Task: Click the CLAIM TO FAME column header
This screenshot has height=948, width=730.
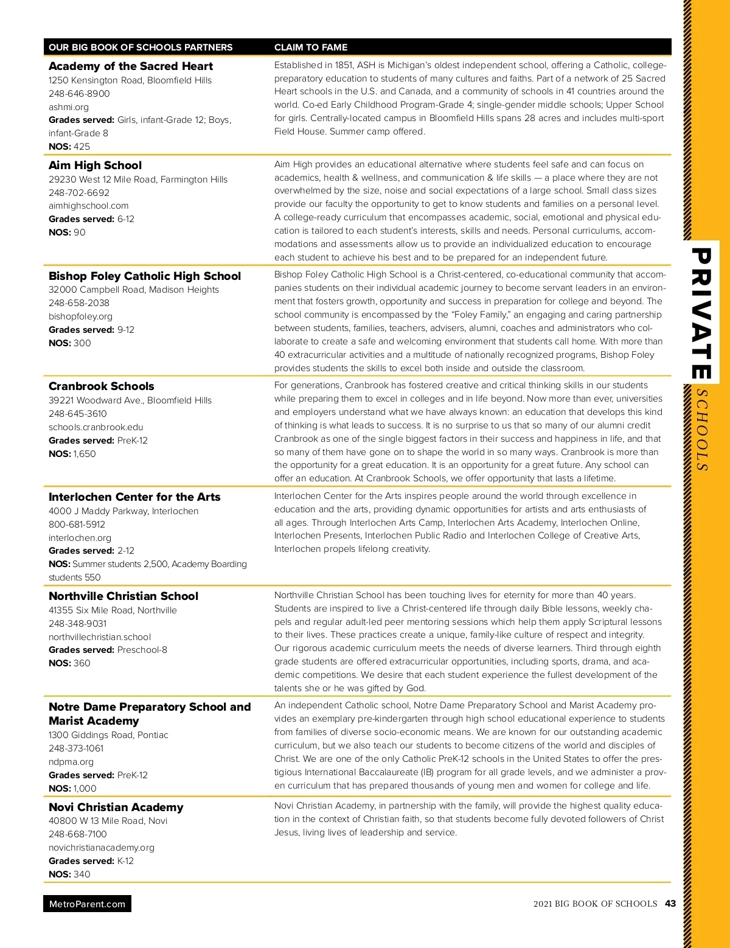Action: click(311, 47)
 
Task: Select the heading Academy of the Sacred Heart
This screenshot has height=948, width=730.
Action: click(131, 66)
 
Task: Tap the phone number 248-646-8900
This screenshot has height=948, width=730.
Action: click(79, 94)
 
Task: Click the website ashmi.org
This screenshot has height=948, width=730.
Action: click(69, 107)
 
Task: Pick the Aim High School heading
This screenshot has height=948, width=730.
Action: click(95, 166)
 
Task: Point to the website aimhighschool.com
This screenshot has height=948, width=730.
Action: click(89, 206)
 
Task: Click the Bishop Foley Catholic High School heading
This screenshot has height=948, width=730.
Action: click(145, 276)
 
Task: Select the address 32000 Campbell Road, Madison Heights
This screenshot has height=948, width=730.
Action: click(134, 290)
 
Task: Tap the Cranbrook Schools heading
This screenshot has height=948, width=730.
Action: click(102, 386)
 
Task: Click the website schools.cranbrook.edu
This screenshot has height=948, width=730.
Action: click(96, 427)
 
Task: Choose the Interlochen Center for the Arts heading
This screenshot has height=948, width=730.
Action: click(134, 497)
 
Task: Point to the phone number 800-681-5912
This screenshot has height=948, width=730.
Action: click(77, 525)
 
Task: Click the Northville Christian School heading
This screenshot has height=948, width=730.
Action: click(123, 596)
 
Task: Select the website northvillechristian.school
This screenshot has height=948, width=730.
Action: click(100, 637)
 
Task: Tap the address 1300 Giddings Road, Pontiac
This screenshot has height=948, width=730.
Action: click(108, 735)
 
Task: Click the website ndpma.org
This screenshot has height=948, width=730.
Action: click(71, 762)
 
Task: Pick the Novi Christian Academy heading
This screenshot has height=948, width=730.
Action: click(116, 807)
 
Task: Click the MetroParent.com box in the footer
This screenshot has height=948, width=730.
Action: click(87, 904)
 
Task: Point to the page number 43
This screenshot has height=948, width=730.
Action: click(670, 904)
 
